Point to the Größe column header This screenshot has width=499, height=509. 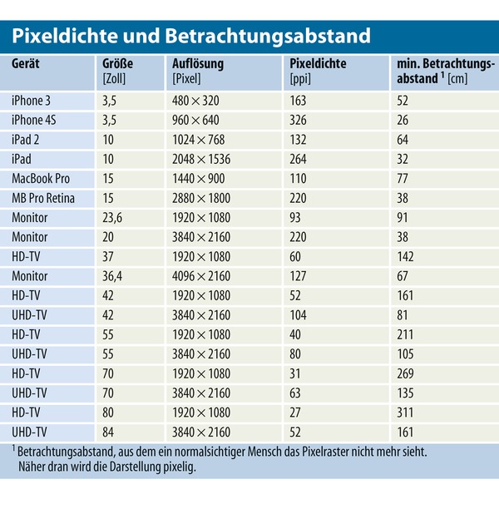click(x=117, y=64)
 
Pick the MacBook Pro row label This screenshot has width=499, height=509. click(x=41, y=178)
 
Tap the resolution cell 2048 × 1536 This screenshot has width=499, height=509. click(x=201, y=159)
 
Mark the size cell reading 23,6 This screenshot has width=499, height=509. click(x=112, y=217)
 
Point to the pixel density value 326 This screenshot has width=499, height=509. click(x=298, y=120)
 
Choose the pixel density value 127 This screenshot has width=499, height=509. click(x=298, y=276)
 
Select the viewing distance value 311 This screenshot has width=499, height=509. click(x=405, y=413)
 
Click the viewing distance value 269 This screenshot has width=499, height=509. click(x=405, y=373)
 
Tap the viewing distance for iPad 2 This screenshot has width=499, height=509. click(x=402, y=140)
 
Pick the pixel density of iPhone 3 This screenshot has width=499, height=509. click(x=298, y=101)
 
